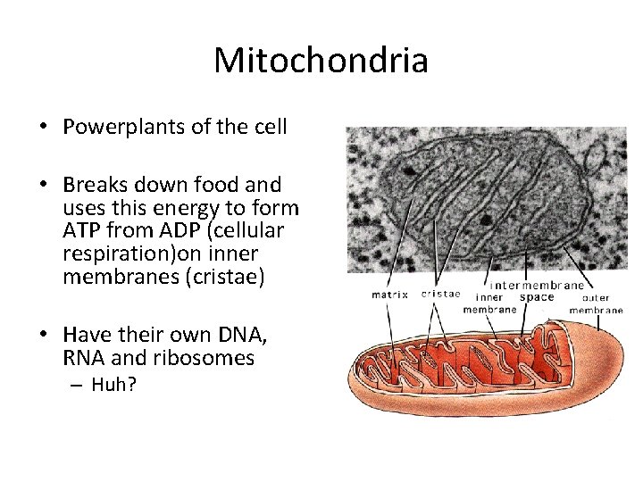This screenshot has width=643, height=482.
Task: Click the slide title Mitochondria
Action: pyautogui.click(x=321, y=61)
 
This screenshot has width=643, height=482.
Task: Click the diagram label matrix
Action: pyautogui.click(x=389, y=294)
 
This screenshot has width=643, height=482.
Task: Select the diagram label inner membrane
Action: pyautogui.click(x=489, y=303)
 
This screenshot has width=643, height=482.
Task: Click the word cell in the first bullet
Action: pyautogui.click(x=270, y=127)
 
